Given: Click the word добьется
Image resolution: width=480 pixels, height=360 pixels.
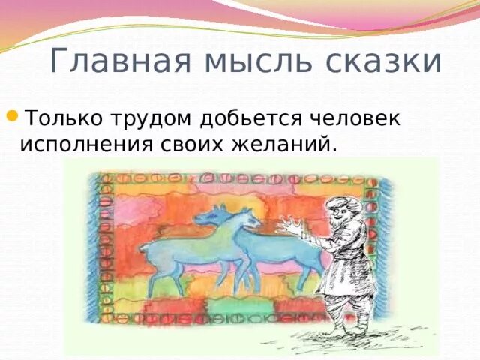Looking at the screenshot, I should coord(252,118).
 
